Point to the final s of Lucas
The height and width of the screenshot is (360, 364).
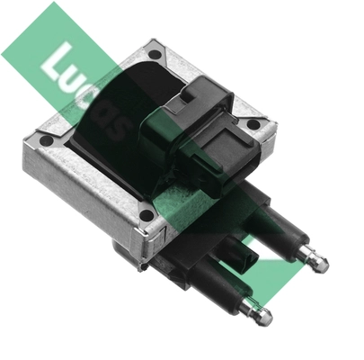point(117,129)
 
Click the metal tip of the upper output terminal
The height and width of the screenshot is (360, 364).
point(318,263)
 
